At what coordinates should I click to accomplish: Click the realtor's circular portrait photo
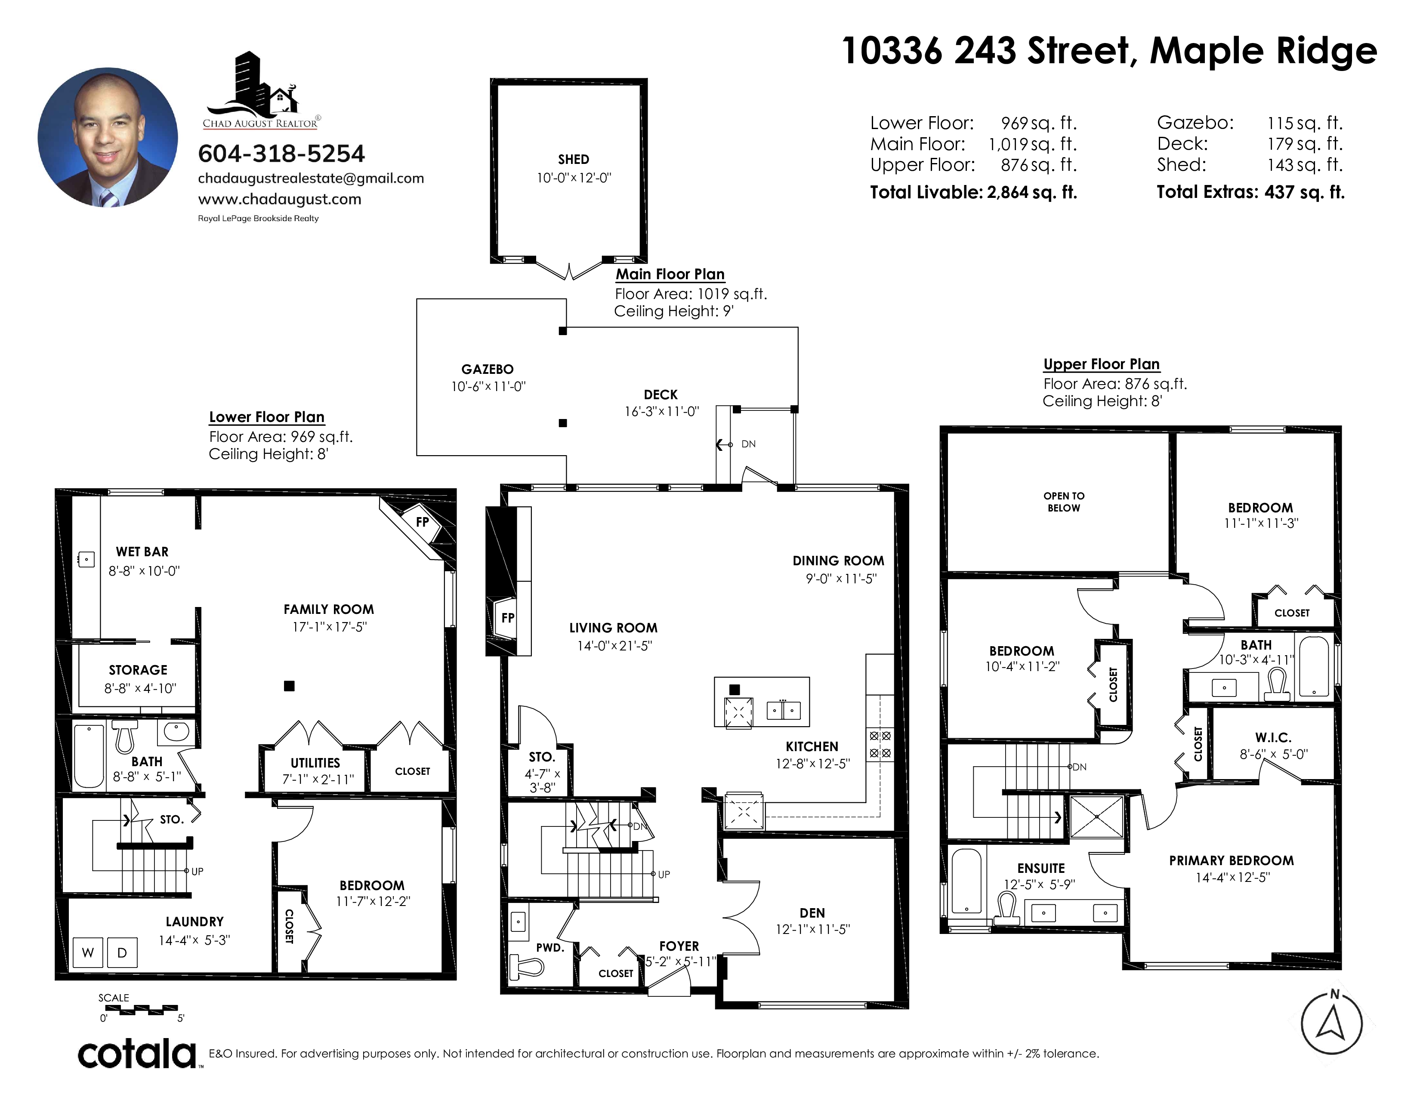click(x=108, y=138)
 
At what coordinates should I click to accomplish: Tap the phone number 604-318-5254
click(x=281, y=154)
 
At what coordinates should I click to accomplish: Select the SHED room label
click(x=574, y=159)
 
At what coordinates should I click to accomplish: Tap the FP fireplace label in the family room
click(x=423, y=521)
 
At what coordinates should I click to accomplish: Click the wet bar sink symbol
click(x=86, y=559)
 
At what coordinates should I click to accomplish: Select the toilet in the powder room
click(x=527, y=968)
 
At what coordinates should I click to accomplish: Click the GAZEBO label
click(x=488, y=369)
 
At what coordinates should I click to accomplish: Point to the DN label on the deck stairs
click(x=748, y=444)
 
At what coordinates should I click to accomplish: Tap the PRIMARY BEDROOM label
click(x=1232, y=860)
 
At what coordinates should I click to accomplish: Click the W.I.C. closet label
click(x=1273, y=738)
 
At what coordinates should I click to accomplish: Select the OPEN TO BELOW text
click(x=1064, y=502)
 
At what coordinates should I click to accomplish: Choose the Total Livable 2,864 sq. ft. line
click(x=973, y=192)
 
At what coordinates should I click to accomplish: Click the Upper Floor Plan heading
click(x=1102, y=364)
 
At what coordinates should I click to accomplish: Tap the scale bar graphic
click(x=141, y=1010)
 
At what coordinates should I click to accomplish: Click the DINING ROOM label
click(x=838, y=560)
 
